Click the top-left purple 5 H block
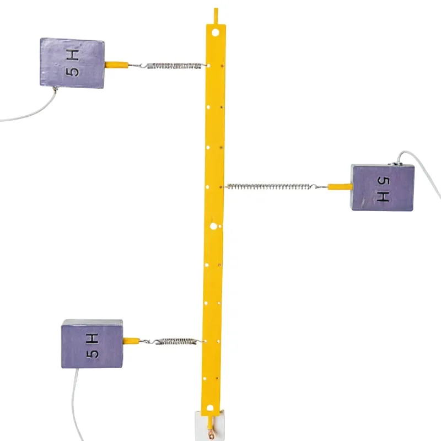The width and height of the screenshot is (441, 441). click(x=72, y=63)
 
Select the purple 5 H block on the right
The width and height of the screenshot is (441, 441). click(x=383, y=187)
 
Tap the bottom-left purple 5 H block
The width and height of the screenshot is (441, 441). click(x=92, y=343)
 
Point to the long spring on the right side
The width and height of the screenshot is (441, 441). click(x=272, y=186)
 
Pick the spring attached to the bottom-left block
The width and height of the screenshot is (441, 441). click(x=175, y=341)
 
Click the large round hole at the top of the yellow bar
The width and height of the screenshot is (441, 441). click(x=216, y=33)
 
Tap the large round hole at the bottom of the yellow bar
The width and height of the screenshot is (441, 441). click(x=210, y=408)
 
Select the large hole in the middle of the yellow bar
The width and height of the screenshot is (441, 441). click(x=213, y=226)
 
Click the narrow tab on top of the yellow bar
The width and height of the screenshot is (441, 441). click(x=216, y=16)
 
